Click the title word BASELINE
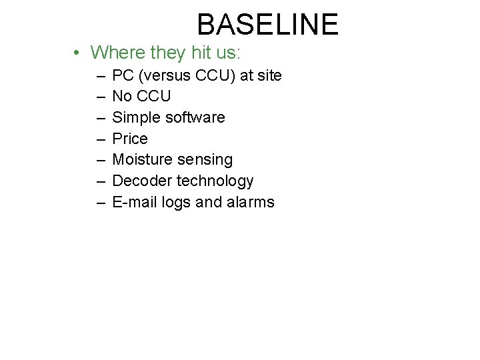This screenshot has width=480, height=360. tap(267, 25)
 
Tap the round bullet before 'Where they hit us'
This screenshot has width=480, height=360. tap(78, 53)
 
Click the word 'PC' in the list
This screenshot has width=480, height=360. tap(123, 75)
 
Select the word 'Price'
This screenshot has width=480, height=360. tap(130, 139)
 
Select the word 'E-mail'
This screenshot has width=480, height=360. tap(135, 202)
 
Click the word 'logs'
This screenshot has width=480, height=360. tap(177, 203)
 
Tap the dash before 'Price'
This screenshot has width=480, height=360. tap(99, 139)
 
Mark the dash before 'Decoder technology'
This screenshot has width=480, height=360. tap(99, 181)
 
